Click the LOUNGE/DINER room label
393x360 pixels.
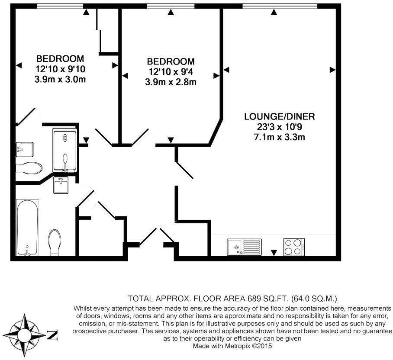click(x=280, y=116)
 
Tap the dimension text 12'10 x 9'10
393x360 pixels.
click(x=60, y=69)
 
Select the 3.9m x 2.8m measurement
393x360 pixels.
click(x=171, y=82)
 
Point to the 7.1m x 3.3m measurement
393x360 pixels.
click(x=280, y=137)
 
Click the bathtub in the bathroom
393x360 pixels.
click(x=27, y=228)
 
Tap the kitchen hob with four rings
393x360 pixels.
click(x=294, y=247)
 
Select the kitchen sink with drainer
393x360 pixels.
click(x=244, y=247)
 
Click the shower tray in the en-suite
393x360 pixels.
click(x=64, y=150)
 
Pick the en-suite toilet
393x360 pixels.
click(x=29, y=168)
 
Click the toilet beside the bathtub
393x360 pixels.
click(x=55, y=242)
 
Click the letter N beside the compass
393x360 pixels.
click(x=52, y=335)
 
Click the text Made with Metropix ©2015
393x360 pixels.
click(x=232, y=346)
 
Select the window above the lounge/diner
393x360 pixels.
click(x=280, y=6)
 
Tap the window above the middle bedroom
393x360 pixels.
click(x=171, y=6)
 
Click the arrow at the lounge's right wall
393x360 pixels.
click(x=332, y=70)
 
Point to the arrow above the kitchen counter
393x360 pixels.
click(x=274, y=253)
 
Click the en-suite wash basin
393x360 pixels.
click(x=25, y=149)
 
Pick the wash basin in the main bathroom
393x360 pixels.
click(x=61, y=185)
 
